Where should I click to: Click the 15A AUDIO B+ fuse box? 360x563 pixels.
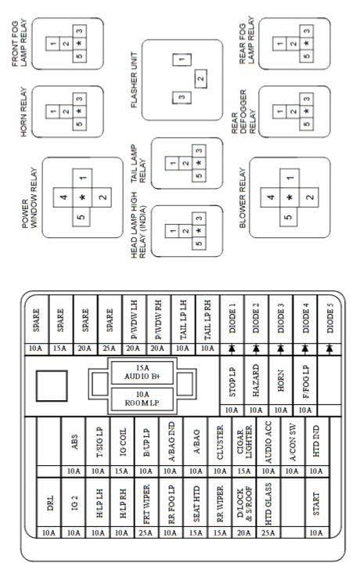(142, 373)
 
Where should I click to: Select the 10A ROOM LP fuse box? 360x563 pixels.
(142, 399)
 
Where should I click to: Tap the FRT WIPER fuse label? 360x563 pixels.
(146, 504)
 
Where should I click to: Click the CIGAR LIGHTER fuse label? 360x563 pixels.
(244, 442)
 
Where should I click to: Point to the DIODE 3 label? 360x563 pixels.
(281, 318)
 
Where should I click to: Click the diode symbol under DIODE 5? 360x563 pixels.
(329, 348)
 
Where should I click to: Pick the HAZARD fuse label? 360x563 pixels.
(256, 381)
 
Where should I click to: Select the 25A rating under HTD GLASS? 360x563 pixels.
(268, 532)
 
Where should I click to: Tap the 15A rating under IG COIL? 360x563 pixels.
(121, 471)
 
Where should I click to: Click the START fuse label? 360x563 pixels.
(316, 503)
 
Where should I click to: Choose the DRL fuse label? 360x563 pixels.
(50, 503)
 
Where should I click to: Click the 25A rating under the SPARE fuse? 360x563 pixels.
(109, 348)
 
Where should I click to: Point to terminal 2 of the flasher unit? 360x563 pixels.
(200, 79)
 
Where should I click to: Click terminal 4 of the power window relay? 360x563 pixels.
(63, 197)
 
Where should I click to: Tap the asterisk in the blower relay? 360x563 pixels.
(290, 197)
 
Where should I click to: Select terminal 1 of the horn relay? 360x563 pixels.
(52, 111)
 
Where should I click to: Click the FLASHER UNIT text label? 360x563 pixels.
(135, 80)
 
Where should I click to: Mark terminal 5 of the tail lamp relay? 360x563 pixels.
(199, 175)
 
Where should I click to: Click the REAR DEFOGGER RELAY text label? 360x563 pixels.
(244, 112)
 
